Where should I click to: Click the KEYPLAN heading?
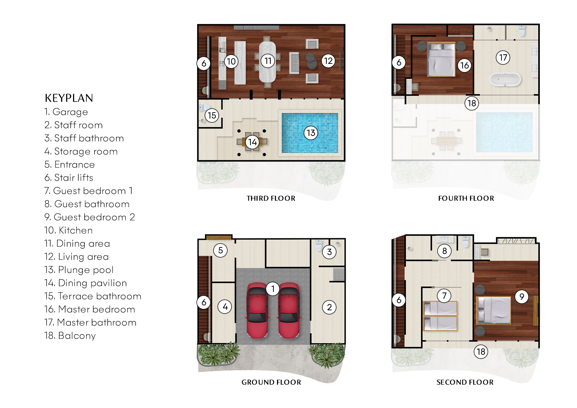[69, 98]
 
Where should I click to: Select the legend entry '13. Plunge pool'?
[79, 270]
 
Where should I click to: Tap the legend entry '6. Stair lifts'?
[69, 178]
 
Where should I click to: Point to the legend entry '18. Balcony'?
[70, 336]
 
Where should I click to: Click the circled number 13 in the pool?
[311, 133]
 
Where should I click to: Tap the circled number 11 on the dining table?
[268, 61]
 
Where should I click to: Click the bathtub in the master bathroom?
[505, 80]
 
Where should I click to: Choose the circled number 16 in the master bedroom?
[464, 65]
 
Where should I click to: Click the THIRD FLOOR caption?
[271, 198]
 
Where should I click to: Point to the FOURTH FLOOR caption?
[466, 198]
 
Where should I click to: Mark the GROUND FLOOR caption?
[271, 382]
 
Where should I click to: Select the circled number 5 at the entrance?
[220, 250]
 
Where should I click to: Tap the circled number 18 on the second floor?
[481, 352]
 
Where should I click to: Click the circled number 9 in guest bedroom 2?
[521, 297]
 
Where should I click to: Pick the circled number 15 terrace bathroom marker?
[212, 115]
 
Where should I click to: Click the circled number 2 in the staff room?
[329, 307]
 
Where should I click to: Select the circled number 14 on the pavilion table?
[252, 142]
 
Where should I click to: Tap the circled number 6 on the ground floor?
[204, 302]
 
